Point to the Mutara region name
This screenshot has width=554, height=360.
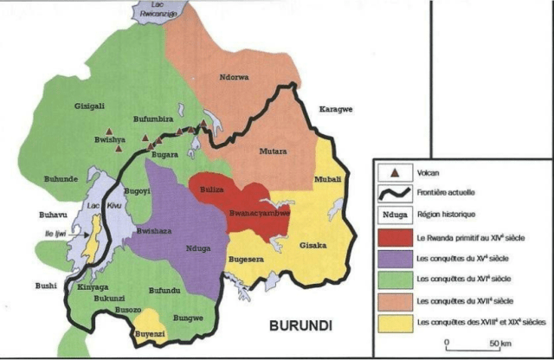[274, 151]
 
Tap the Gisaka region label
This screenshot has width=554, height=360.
[312, 246]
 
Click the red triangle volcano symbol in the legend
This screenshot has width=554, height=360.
[394, 171]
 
